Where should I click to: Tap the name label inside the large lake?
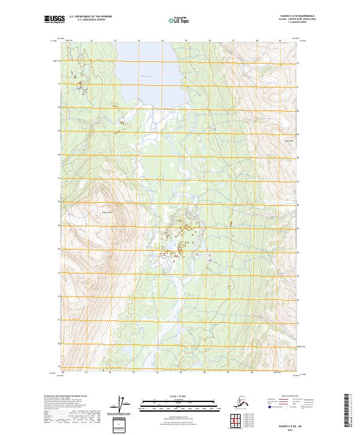point(146,76)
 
